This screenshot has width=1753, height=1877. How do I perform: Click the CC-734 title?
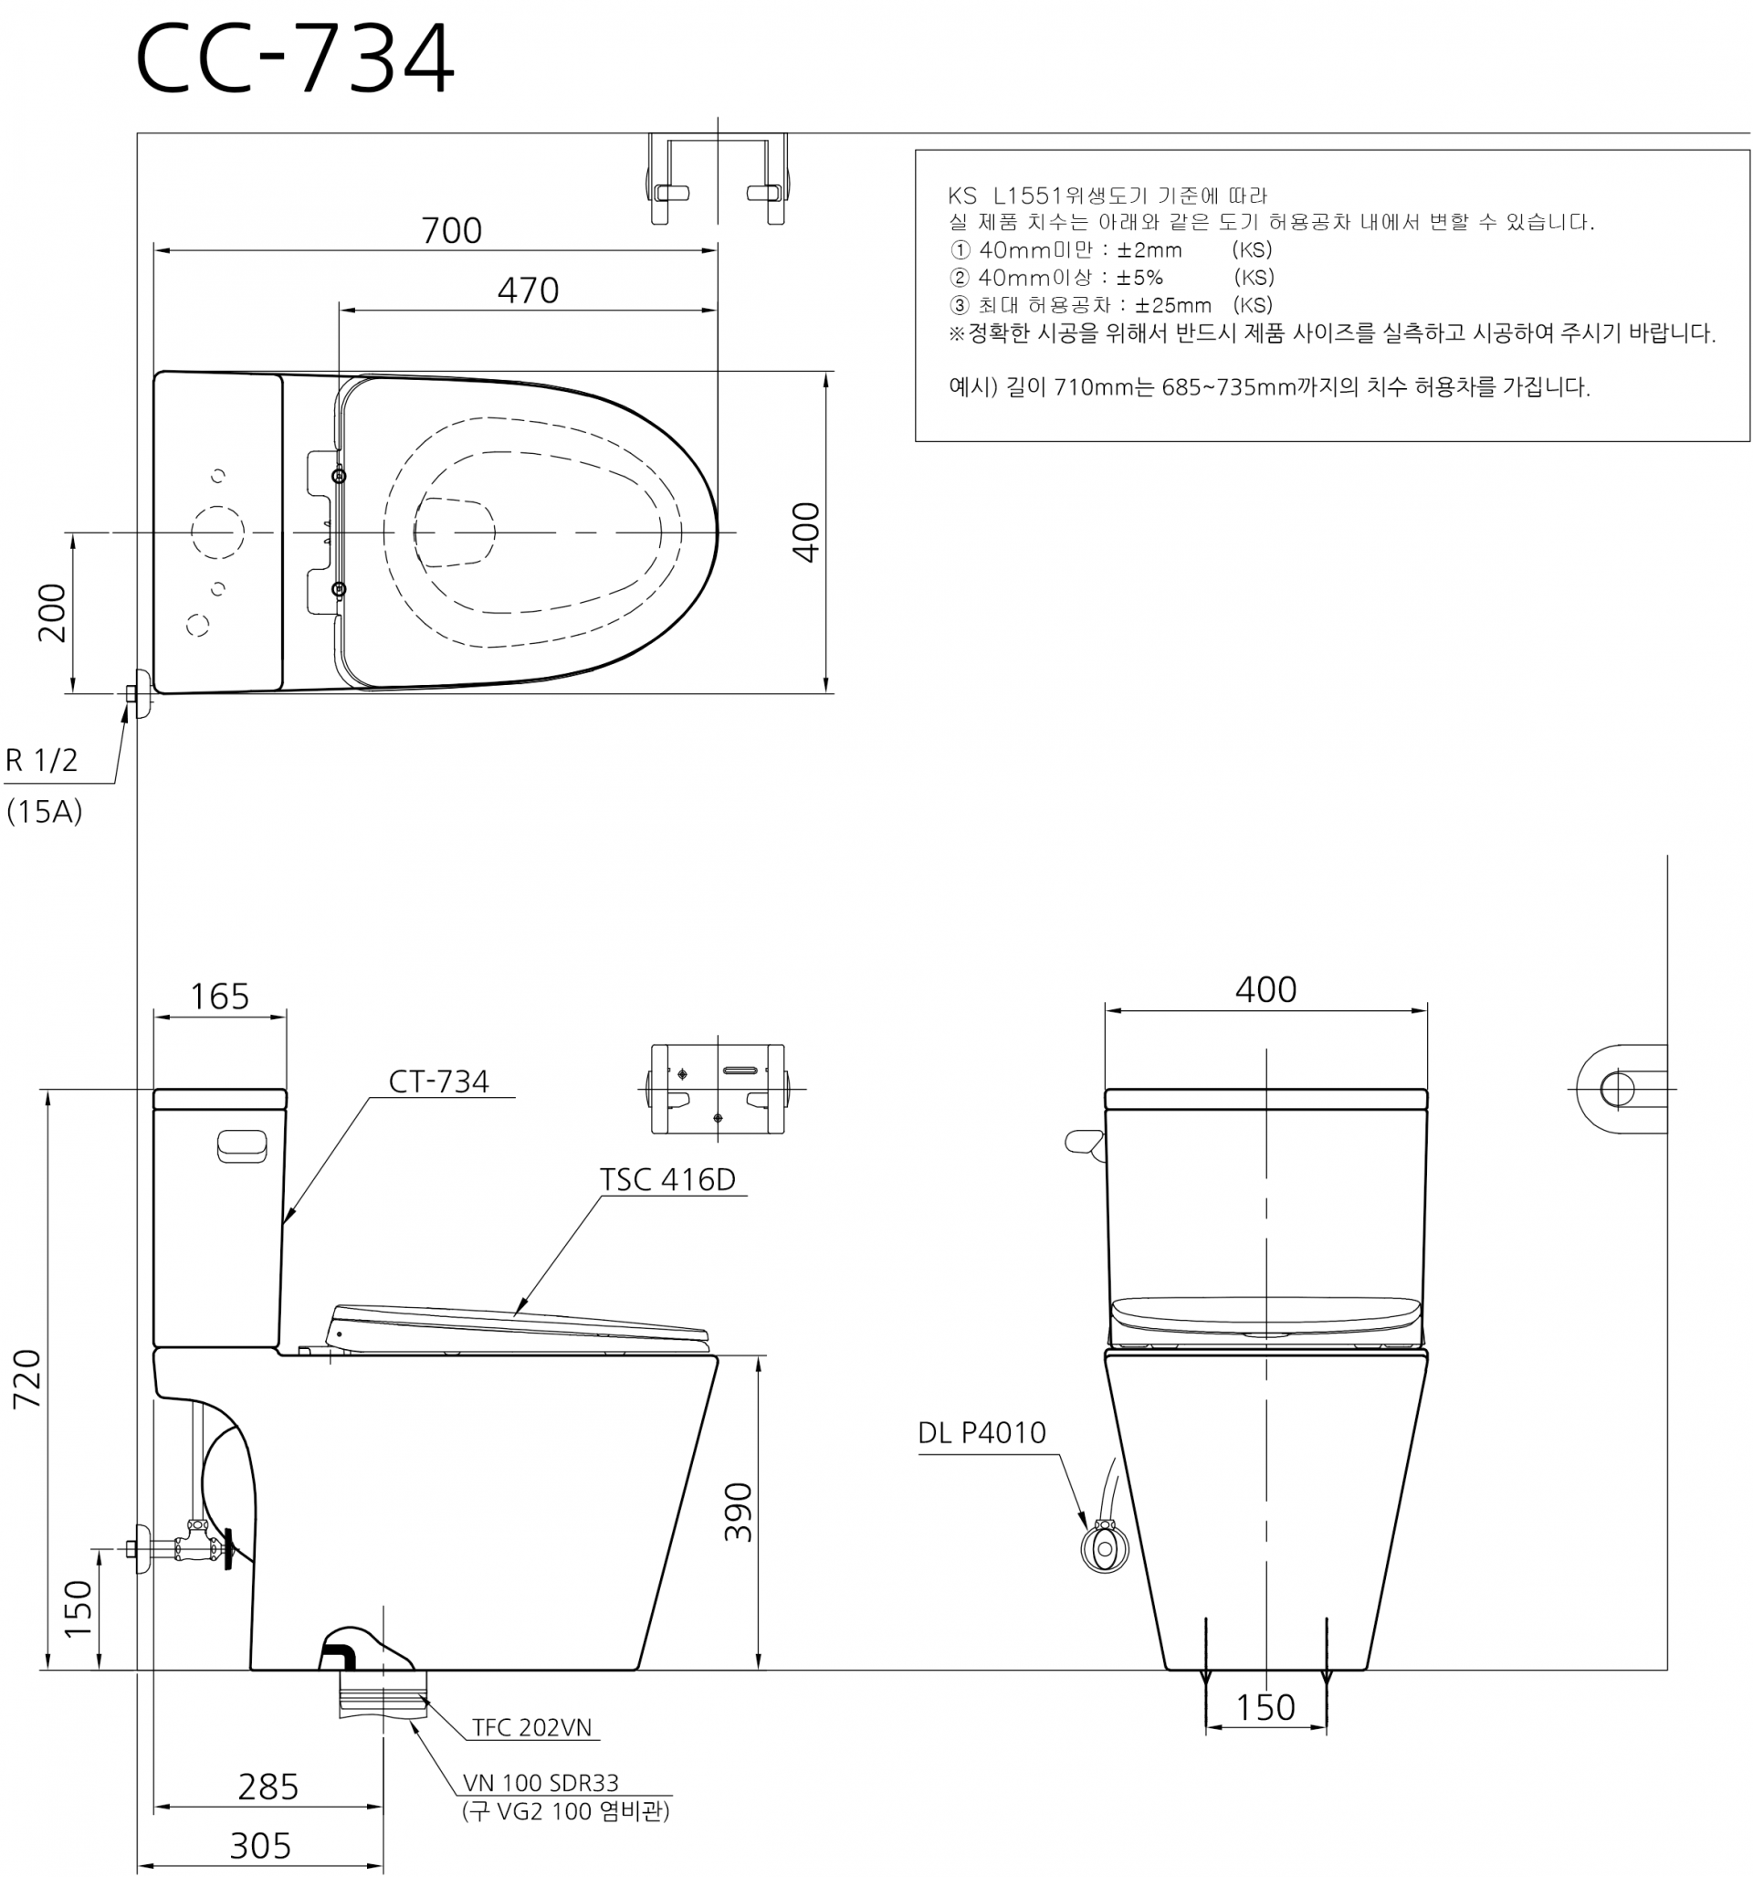[x=295, y=58]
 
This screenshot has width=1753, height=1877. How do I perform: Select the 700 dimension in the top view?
[x=451, y=230]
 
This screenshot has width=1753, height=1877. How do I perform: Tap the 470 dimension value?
[x=528, y=290]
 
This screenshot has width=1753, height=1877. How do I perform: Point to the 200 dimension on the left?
[x=53, y=613]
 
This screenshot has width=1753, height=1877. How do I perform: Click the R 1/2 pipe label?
[x=41, y=760]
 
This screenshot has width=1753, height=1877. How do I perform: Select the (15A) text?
[x=45, y=811]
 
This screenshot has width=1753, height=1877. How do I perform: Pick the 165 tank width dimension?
[x=220, y=996]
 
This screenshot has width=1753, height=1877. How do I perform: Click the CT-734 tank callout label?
[x=439, y=1081]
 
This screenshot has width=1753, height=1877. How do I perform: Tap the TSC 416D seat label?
[x=667, y=1179]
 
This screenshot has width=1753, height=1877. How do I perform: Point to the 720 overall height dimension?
[x=26, y=1378]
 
